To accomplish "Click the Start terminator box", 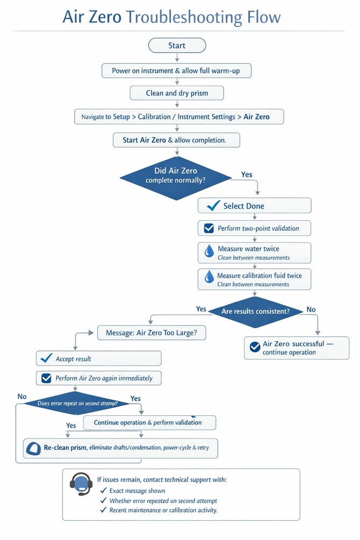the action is (x=177, y=46).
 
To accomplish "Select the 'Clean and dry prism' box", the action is (x=177, y=93).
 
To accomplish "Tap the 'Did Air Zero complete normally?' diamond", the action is (x=176, y=178).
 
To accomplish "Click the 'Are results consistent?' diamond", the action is (x=255, y=311).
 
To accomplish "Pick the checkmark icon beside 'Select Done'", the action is (x=213, y=206).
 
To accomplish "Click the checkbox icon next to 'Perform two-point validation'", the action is (x=209, y=228).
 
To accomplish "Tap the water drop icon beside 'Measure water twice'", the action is (x=209, y=251).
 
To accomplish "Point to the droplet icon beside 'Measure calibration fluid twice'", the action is (x=209, y=277).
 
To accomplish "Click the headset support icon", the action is (x=81, y=484).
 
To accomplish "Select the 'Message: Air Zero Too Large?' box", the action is (x=152, y=333).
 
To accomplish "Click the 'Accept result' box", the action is (x=98, y=358).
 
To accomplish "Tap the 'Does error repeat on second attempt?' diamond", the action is (x=77, y=404).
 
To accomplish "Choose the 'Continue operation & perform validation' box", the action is (x=149, y=422).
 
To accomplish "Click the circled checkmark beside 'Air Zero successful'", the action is (x=255, y=347).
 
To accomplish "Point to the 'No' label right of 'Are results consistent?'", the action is (x=311, y=309).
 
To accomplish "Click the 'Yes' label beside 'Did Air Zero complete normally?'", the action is (x=247, y=175).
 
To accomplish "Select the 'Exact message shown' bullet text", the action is (x=137, y=491).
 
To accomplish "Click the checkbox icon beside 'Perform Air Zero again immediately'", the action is (x=46, y=378).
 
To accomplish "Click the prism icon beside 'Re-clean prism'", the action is (x=33, y=449).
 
